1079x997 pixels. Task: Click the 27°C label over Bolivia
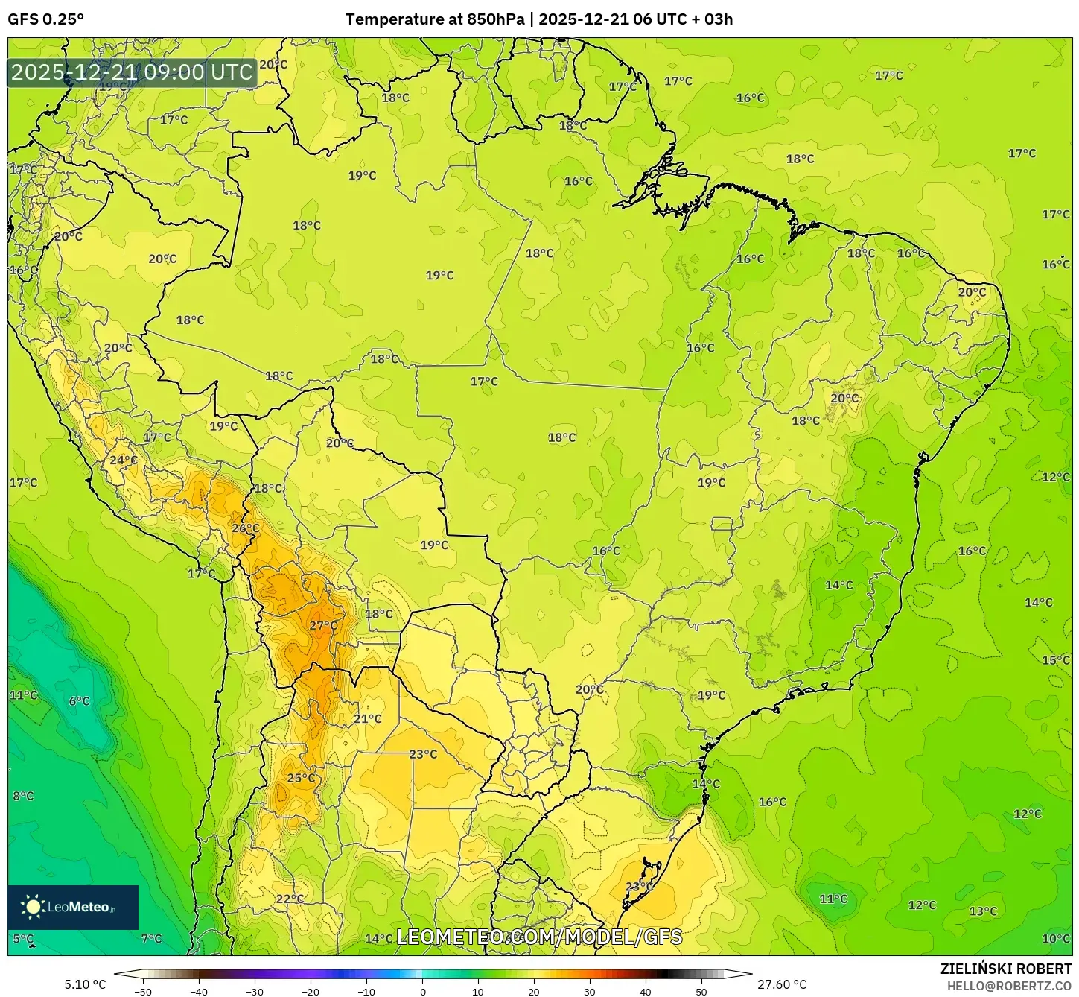(323, 626)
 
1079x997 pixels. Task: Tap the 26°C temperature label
(246, 529)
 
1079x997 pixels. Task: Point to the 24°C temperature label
(124, 460)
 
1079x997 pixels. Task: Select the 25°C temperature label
(301, 779)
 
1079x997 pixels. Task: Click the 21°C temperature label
(367, 719)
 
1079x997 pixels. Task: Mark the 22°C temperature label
(290, 899)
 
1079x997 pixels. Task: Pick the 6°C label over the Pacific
(79, 701)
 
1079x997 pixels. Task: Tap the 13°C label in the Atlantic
(983, 911)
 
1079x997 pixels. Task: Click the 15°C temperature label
(1055, 660)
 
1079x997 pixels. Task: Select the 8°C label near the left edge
(23, 796)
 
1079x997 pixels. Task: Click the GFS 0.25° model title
(46, 19)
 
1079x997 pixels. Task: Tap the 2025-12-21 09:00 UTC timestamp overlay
(132, 73)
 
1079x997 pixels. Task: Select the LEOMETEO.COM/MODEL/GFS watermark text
(539, 937)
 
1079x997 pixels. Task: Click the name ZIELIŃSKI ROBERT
(1006, 969)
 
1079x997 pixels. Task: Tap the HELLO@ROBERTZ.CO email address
(1009, 986)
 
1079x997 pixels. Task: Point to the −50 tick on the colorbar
(143, 992)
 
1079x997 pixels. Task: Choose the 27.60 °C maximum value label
(782, 984)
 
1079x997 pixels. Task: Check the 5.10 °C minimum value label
(85, 984)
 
